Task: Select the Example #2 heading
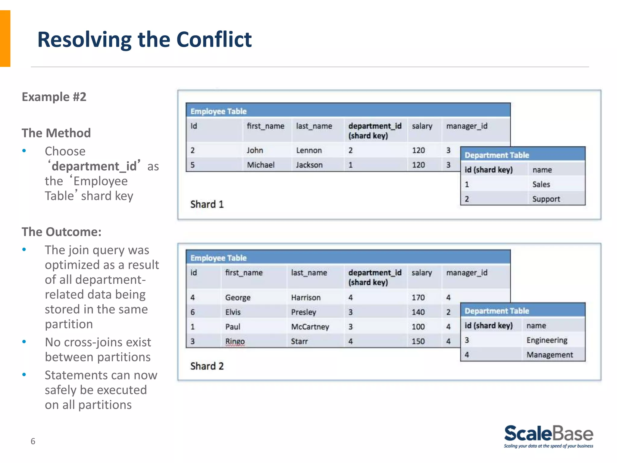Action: (x=54, y=97)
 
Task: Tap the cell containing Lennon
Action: (x=309, y=150)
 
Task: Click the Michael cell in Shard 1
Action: (x=261, y=165)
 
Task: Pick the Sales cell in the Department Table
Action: (x=541, y=184)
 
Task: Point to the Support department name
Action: (x=546, y=199)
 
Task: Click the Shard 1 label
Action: (x=207, y=204)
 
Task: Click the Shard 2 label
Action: (x=207, y=366)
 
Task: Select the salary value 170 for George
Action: (x=418, y=298)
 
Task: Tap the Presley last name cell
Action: (x=303, y=312)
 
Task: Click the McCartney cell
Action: (x=310, y=327)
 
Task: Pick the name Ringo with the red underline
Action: (x=235, y=341)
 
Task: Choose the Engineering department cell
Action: (x=547, y=340)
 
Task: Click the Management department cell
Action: (x=550, y=355)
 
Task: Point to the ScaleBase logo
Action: (x=549, y=436)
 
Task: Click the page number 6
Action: (x=33, y=441)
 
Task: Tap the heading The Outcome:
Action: (x=61, y=232)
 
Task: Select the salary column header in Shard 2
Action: (x=422, y=272)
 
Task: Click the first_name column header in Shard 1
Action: (x=265, y=126)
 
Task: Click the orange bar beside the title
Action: (x=5, y=38)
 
